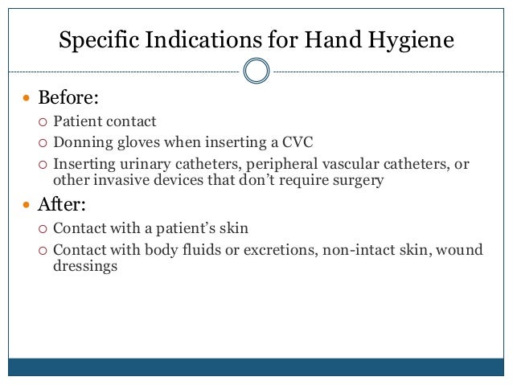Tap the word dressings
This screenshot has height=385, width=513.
(x=80, y=266)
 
